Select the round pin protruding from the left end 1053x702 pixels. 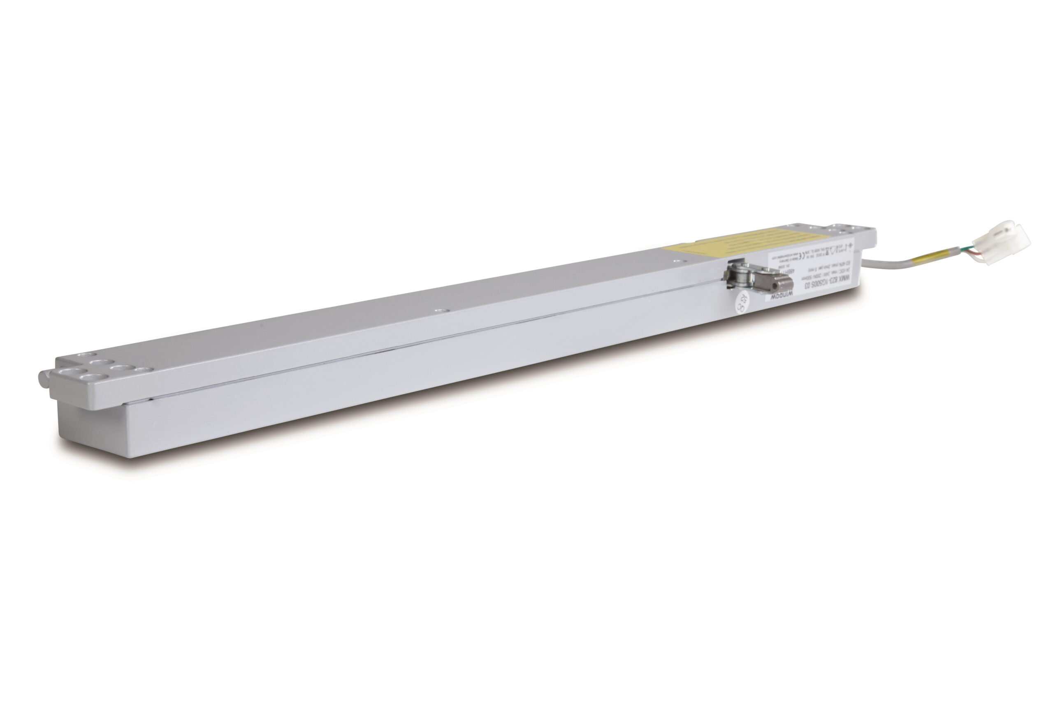point(44,379)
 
